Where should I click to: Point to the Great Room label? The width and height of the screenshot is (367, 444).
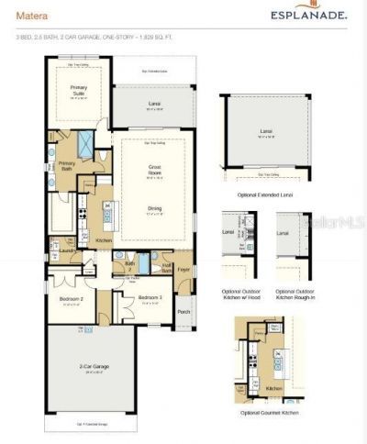coord(155,169)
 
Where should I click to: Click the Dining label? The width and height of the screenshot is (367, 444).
coord(155,208)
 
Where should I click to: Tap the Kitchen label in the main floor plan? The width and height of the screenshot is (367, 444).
coord(105,240)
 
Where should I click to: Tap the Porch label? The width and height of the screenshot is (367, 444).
coord(183,310)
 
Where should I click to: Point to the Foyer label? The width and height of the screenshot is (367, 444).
coord(183,270)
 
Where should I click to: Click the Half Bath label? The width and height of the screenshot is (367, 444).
coord(166,270)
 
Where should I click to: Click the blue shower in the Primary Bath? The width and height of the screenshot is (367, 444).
coord(85,143)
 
